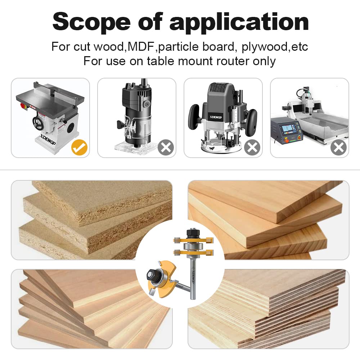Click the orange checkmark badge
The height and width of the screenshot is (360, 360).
[80, 148]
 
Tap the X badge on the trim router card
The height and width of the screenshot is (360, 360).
[166, 148]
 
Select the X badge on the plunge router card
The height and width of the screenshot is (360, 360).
[252, 148]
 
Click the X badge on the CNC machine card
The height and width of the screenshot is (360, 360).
[339, 148]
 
